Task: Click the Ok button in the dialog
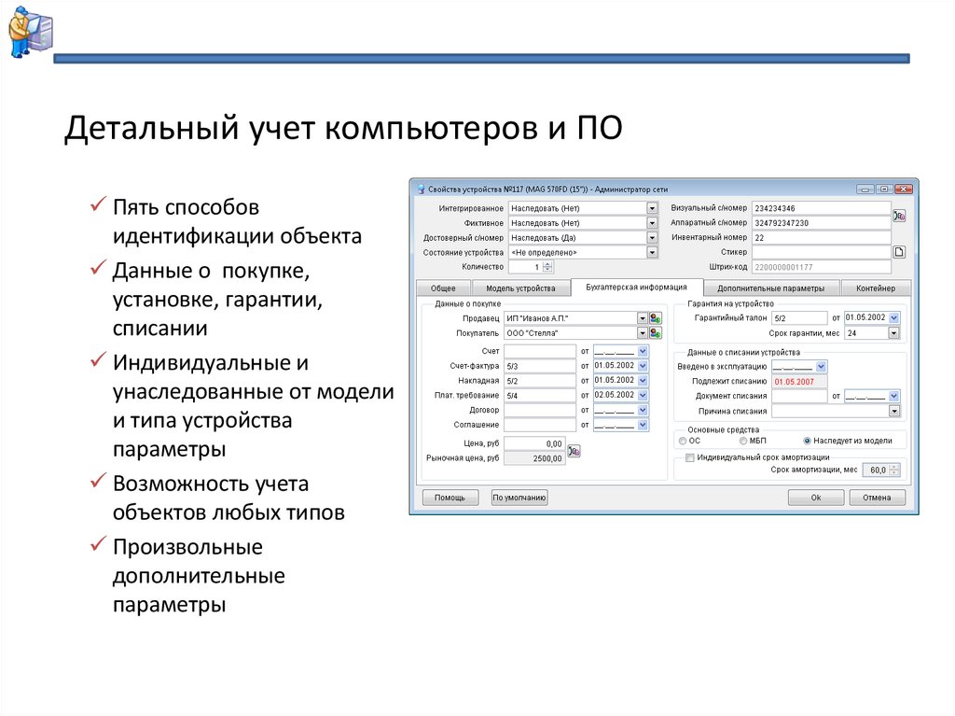click(815, 498)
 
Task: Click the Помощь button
click(450, 498)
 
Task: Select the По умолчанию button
click(519, 498)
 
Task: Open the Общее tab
click(443, 288)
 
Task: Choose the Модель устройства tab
click(520, 288)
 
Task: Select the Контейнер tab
click(875, 288)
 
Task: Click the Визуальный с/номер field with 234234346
click(821, 208)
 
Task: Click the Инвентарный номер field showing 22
click(821, 237)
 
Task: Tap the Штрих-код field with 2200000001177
click(821, 267)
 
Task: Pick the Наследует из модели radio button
click(807, 441)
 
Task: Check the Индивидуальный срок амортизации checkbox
click(690, 457)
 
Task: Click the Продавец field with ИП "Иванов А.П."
click(571, 318)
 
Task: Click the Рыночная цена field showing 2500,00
click(534, 458)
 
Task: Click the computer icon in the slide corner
click(31, 32)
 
